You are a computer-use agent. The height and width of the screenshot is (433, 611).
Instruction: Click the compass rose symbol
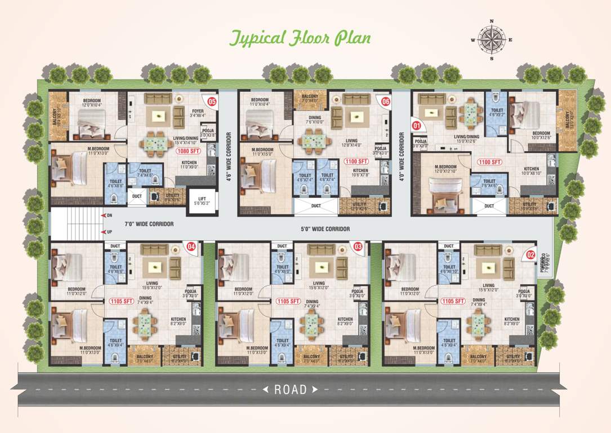(x=492, y=39)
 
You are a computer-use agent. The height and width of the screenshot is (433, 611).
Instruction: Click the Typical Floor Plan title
(x=299, y=38)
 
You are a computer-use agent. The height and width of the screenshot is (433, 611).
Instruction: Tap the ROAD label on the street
(x=291, y=389)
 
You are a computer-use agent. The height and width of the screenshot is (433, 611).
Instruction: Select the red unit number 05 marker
(x=212, y=102)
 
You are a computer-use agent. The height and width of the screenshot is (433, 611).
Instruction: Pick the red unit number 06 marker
(x=386, y=102)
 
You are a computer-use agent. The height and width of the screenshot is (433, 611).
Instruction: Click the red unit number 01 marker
(x=417, y=125)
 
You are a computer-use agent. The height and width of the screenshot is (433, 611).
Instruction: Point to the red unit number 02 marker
(x=530, y=255)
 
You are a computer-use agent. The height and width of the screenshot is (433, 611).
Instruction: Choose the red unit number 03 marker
(x=358, y=246)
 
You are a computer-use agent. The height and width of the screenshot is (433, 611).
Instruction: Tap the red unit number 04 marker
(x=191, y=246)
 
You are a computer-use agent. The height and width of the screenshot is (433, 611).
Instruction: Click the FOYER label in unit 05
(x=198, y=111)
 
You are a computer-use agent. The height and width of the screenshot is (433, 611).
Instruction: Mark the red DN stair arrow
(x=103, y=215)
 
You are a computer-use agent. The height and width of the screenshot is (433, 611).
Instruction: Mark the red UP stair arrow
(x=103, y=232)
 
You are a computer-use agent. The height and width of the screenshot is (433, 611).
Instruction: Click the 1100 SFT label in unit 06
(x=356, y=161)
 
